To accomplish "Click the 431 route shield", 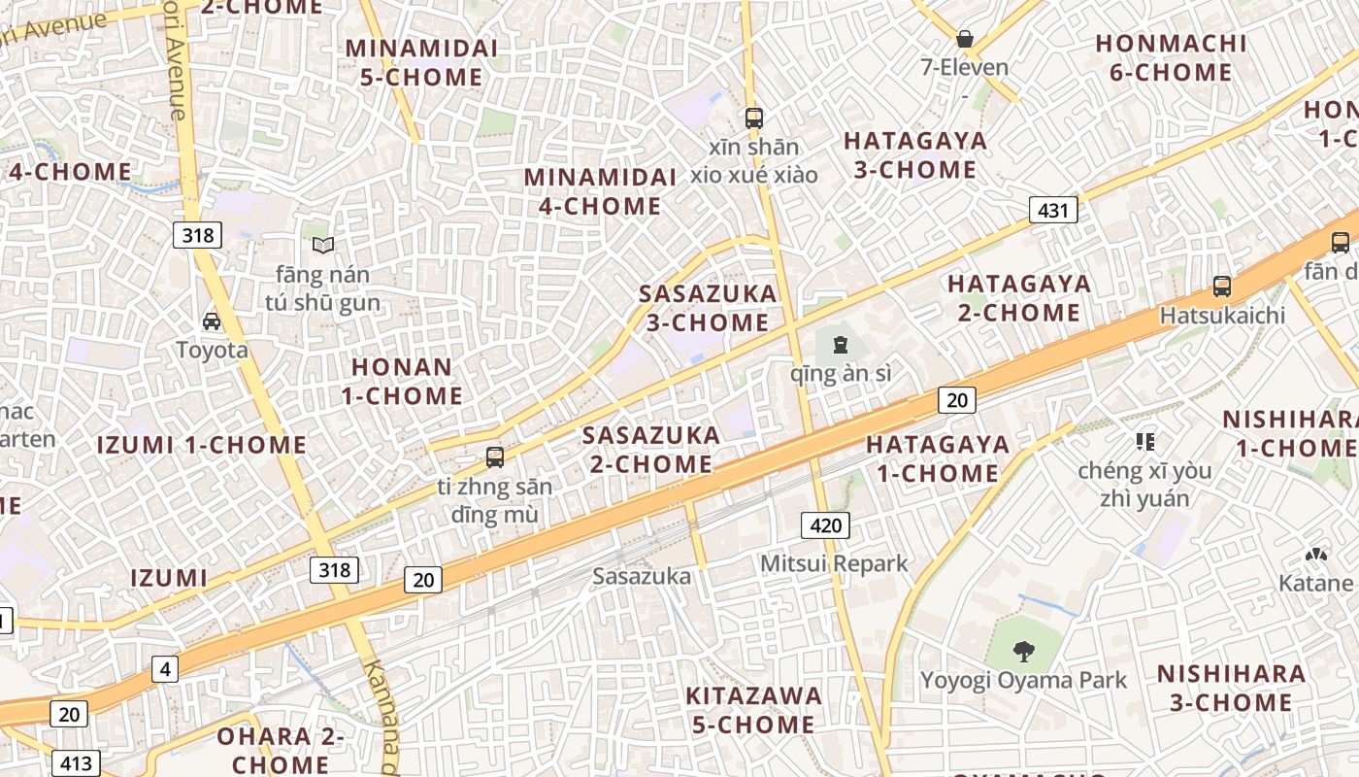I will (x=1053, y=210).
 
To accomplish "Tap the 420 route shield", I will (x=825, y=525).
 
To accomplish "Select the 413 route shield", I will (x=75, y=763).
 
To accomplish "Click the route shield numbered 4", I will (x=165, y=668).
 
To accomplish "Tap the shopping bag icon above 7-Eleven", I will (x=965, y=39).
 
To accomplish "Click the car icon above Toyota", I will (x=212, y=321).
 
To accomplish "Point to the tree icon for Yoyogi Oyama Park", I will (x=1023, y=651).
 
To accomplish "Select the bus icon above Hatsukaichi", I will (x=1222, y=287).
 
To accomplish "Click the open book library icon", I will (x=322, y=246).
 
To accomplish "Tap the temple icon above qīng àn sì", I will (x=840, y=344).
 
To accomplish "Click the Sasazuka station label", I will (x=642, y=576).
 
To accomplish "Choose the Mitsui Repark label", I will (x=834, y=563).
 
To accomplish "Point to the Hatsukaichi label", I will (x=1222, y=316).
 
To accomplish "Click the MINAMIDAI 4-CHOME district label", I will (x=599, y=191).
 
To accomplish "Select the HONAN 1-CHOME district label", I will (x=402, y=381).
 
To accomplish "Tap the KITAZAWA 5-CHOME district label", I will (x=753, y=710).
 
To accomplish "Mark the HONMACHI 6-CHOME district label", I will (x=1171, y=57).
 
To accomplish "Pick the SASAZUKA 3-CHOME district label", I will (x=708, y=308).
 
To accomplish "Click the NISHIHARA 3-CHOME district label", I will (x=1231, y=688).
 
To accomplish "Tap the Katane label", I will (x=1315, y=583).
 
